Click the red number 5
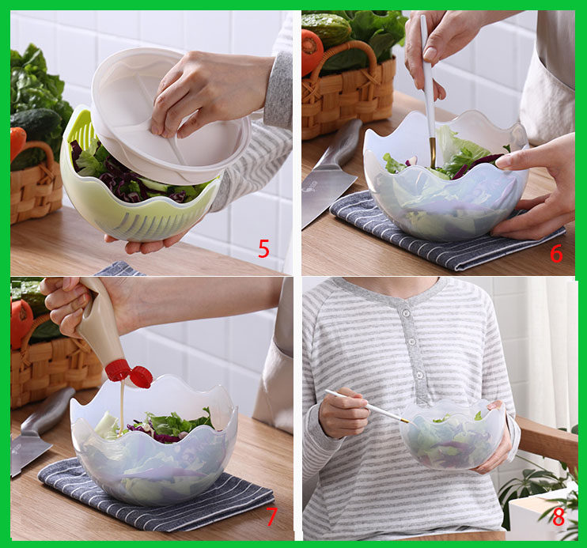tap(263, 249)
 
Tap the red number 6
tap(556, 254)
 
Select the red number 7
tap(271, 516)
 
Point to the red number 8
tap(559, 517)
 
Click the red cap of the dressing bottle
tap(129, 374)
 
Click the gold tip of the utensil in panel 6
tap(433, 154)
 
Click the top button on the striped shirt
tap(404, 312)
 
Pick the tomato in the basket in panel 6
tap(312, 51)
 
